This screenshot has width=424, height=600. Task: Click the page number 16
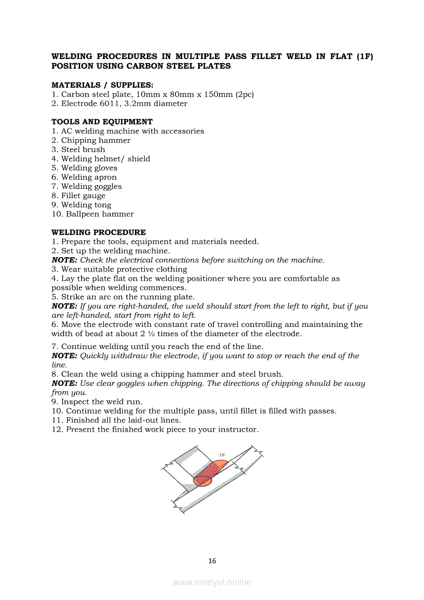tap(212, 561)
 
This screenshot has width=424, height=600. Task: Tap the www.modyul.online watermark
tap(212, 582)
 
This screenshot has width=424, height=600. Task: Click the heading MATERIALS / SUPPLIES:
tap(102, 85)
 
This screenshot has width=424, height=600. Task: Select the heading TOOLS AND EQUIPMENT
tap(102, 122)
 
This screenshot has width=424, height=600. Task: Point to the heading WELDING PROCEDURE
tap(99, 233)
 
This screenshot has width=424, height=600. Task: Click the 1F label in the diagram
tap(222, 455)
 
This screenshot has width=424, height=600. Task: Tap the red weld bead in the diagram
tap(208, 473)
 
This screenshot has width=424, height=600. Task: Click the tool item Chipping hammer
tap(95, 141)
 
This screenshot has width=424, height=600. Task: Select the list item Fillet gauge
tap(83, 196)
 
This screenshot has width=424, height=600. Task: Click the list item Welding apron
tap(89, 177)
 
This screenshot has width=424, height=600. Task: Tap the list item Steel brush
tap(83, 150)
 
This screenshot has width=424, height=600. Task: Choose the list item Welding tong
tap(86, 205)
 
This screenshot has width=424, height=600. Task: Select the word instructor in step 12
tap(239, 430)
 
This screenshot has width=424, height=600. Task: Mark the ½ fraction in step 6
tap(151, 334)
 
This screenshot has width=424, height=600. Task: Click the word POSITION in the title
tap(72, 66)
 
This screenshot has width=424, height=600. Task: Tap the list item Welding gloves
tap(89, 168)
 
